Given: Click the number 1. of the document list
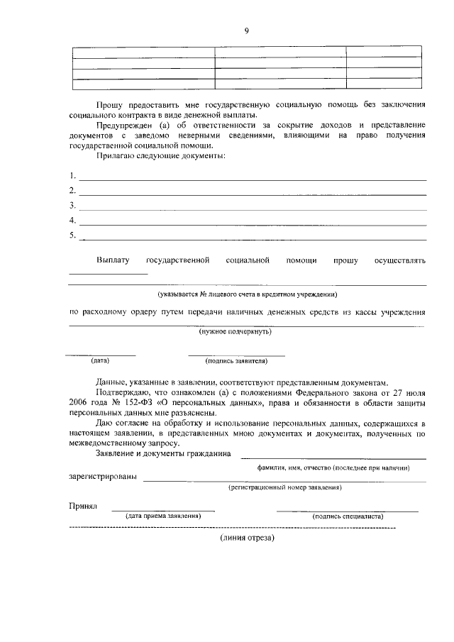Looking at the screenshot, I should point(72,175).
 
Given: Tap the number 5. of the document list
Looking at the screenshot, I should point(72,236).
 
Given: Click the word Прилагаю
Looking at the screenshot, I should point(113,155).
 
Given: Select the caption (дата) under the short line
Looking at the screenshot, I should point(100,360).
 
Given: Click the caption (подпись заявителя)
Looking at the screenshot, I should point(236,360).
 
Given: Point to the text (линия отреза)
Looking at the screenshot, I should point(246,537).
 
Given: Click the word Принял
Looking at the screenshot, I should point(82,507).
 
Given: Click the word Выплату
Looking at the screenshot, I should point(113,260).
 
